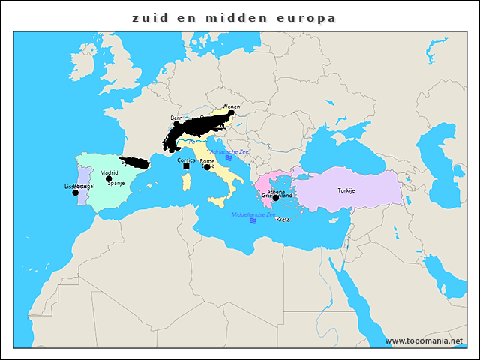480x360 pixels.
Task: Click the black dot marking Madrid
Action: (x=109, y=179)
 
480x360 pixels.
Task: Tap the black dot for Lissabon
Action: (x=75, y=193)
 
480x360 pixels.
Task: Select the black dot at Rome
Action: (x=207, y=167)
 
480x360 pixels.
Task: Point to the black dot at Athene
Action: (x=275, y=198)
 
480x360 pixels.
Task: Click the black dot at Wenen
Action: (x=231, y=113)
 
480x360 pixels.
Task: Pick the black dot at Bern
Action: (x=176, y=124)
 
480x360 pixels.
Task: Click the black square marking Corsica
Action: (x=186, y=166)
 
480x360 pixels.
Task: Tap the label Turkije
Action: (x=346, y=190)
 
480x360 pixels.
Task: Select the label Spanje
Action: (x=116, y=183)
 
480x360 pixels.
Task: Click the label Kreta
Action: (x=283, y=220)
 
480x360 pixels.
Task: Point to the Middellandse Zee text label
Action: (x=253, y=214)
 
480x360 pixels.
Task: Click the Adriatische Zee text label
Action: (x=229, y=151)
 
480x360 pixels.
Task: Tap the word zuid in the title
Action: (x=148, y=17)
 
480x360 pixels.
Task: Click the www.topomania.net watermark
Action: (x=424, y=341)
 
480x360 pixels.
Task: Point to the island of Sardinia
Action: (x=186, y=181)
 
